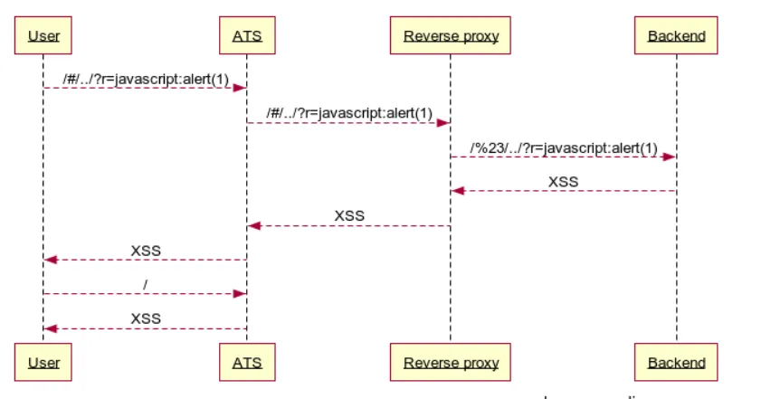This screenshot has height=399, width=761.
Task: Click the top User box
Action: click(x=43, y=36)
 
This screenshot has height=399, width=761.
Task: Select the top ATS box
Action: click(x=247, y=36)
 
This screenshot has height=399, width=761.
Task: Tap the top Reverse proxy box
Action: click(x=451, y=36)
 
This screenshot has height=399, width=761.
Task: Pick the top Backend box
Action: click(x=676, y=36)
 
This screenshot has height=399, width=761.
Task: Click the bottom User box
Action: click(x=43, y=363)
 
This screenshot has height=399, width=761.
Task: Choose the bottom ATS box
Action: click(x=247, y=363)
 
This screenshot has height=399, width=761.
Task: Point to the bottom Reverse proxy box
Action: click(x=451, y=363)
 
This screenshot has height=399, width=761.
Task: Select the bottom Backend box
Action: click(x=676, y=363)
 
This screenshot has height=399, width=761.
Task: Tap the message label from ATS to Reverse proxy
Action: click(x=348, y=113)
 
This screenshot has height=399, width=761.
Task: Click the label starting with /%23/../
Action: click(x=564, y=147)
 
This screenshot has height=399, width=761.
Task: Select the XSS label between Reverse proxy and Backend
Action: click(x=563, y=182)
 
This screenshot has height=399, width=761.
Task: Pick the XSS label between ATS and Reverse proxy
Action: click(x=349, y=216)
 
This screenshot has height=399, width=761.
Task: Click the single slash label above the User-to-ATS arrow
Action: click(x=145, y=284)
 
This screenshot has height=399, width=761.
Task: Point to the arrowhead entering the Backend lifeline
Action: click(x=670, y=157)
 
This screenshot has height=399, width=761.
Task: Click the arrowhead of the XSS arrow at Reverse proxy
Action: click(x=458, y=191)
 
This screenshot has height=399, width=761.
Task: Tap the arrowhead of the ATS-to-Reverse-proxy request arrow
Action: click(x=444, y=122)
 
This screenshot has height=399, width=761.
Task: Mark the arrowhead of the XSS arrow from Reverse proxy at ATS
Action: click(x=254, y=225)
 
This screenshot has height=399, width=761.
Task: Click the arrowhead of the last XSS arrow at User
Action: click(x=51, y=328)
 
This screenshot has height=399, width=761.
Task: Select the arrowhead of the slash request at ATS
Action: click(x=241, y=293)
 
